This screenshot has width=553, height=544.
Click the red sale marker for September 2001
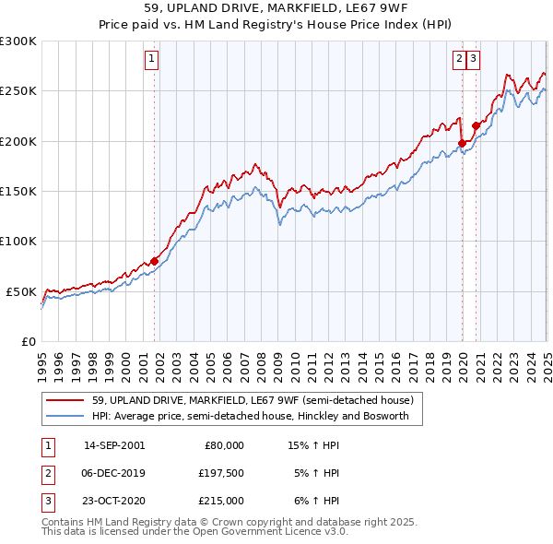(x=154, y=261)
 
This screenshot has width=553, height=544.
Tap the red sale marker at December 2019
(x=461, y=143)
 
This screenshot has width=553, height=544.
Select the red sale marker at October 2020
(x=476, y=125)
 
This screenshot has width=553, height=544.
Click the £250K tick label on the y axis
(x=18, y=91)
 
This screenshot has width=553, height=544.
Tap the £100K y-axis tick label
(x=18, y=242)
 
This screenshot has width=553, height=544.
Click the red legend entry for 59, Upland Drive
(x=257, y=401)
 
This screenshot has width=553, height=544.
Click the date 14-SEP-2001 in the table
(x=113, y=445)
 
